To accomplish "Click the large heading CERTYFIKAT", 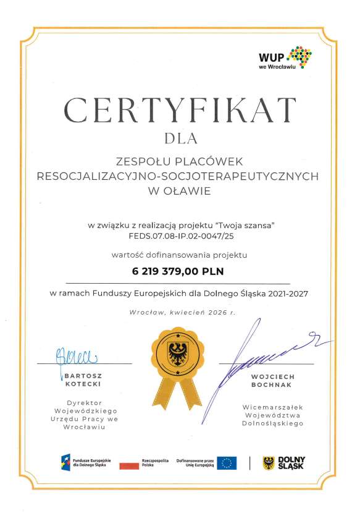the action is tap(180, 110).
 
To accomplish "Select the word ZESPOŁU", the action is tap(140, 161).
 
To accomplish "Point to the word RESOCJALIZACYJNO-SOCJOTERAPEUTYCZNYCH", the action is tap(178, 176).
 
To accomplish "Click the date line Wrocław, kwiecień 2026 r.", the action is tap(182, 313).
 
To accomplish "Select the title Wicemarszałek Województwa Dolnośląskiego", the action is tap(272, 415).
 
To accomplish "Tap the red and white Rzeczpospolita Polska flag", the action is tap(130, 464).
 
